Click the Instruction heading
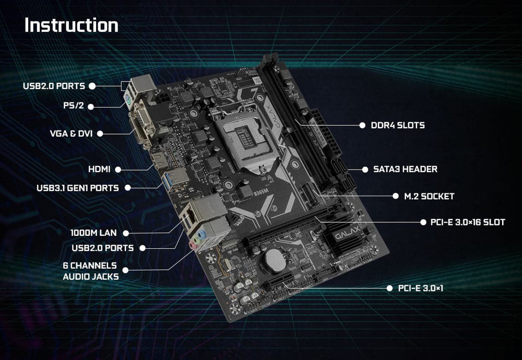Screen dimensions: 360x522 click(72, 26)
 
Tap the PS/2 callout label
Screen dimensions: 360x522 click(73, 106)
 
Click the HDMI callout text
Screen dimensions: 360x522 click(100, 169)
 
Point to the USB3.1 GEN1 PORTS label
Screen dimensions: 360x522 click(78, 187)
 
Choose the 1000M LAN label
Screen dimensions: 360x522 click(93, 233)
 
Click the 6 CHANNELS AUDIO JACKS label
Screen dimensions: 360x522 click(90, 271)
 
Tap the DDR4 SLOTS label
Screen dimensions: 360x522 click(398, 125)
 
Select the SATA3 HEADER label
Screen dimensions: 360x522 click(405, 169)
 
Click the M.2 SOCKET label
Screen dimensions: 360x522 click(430, 197)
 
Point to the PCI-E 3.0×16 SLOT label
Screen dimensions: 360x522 click(468, 222)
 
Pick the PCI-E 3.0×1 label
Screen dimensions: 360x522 click(420, 288)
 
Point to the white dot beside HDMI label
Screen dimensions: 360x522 click(118, 169)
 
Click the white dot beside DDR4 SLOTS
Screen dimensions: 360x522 click(361, 125)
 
